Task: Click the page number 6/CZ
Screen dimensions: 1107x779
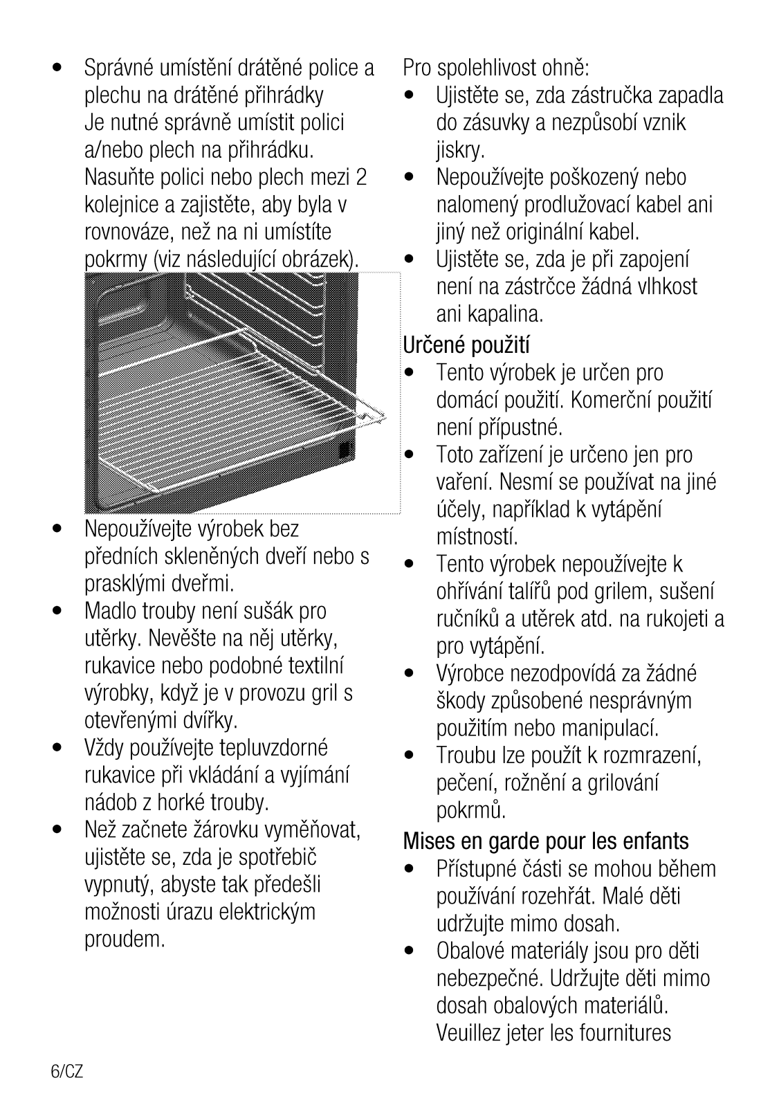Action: [66, 1072]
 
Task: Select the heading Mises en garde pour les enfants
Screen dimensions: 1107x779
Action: [546, 841]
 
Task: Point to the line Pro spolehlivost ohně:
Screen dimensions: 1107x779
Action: [496, 68]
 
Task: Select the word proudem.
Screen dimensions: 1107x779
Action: [125, 940]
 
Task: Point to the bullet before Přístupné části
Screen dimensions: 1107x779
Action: [412, 869]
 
